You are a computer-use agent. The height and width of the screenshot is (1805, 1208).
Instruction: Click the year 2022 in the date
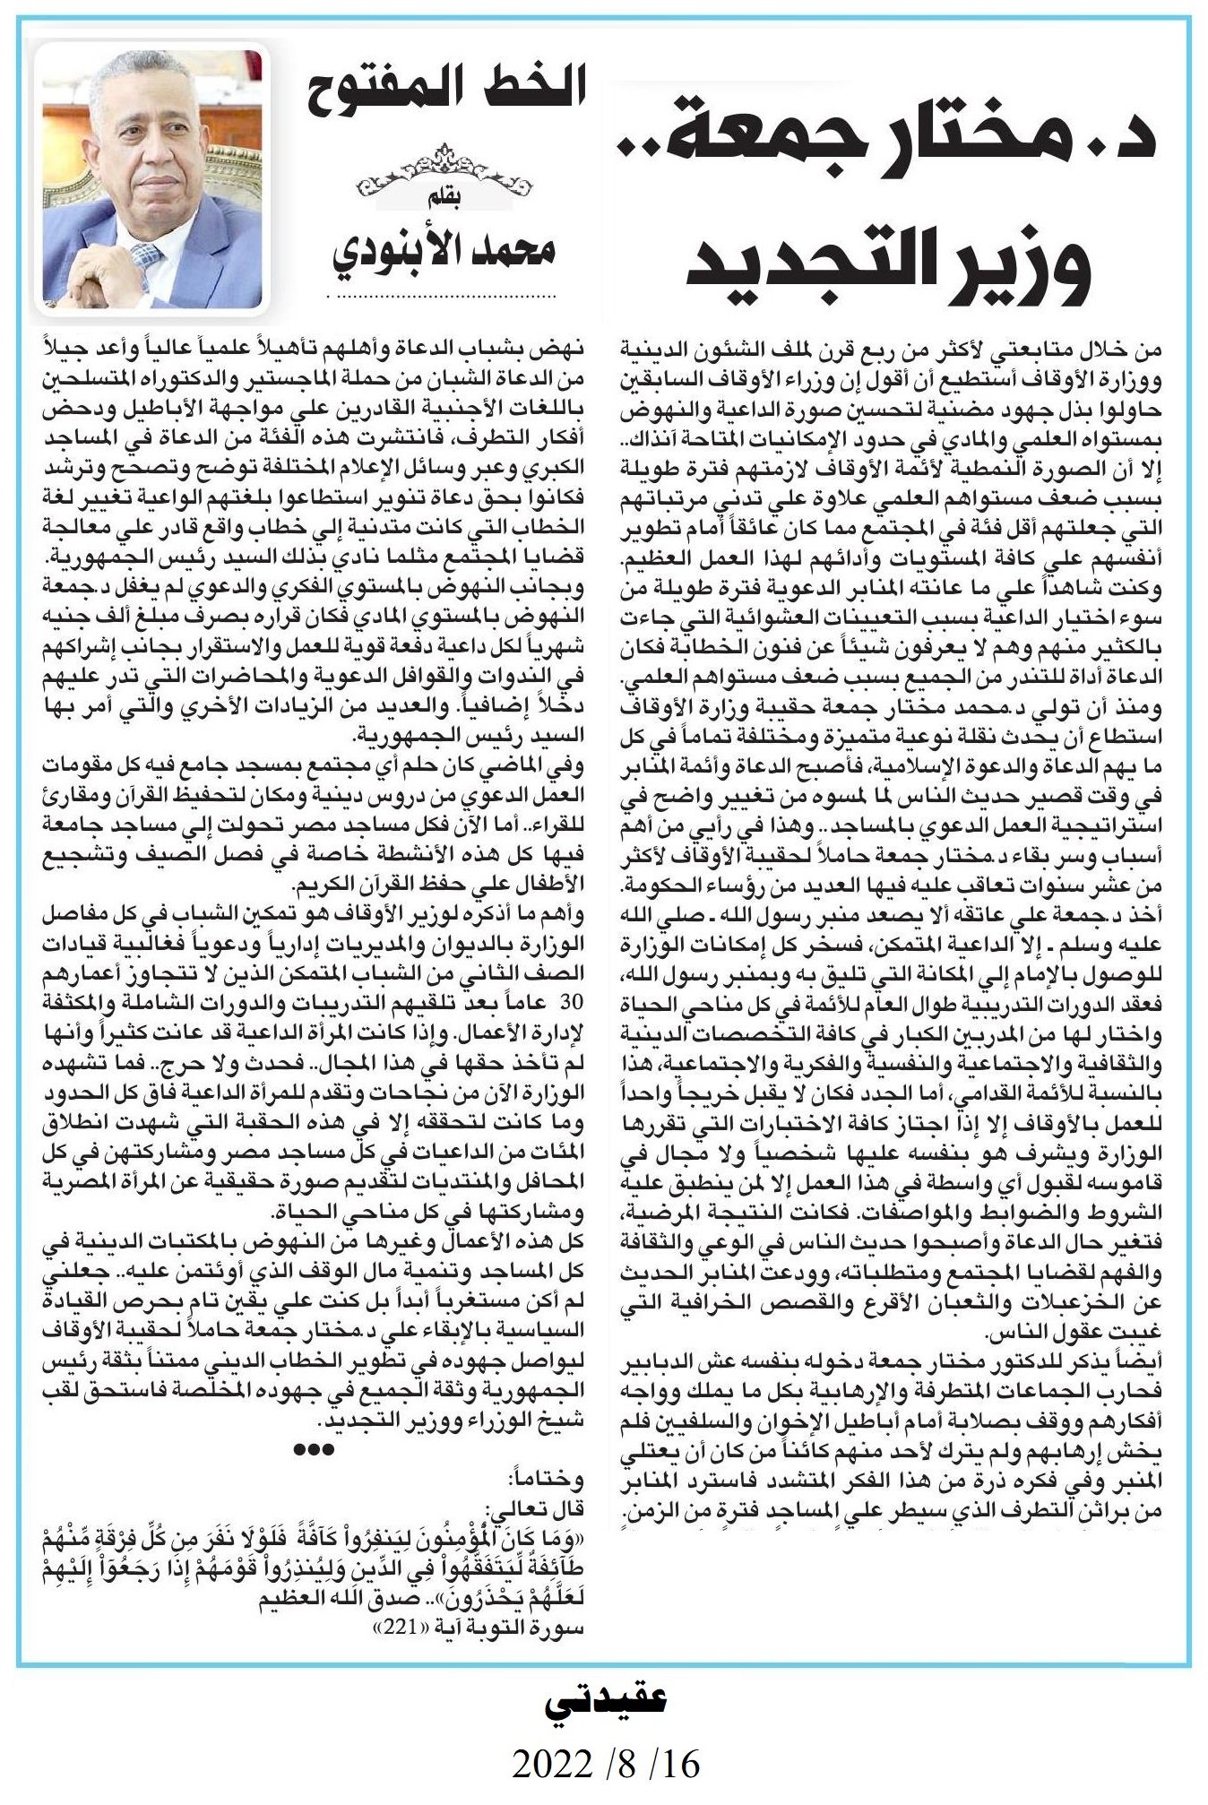click(550, 1764)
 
